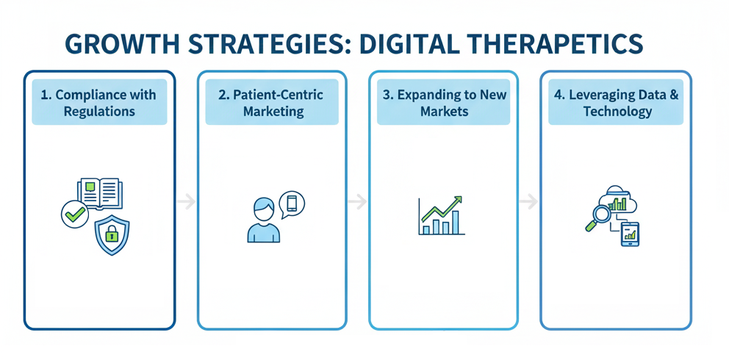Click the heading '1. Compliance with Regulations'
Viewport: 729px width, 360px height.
tap(99, 104)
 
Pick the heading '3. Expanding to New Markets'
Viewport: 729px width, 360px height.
tap(444, 104)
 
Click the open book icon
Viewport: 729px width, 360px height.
tap(99, 192)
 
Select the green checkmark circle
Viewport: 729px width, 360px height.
tap(74, 215)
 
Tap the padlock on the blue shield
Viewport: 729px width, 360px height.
tap(112, 235)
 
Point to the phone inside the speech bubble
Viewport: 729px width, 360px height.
tap(291, 204)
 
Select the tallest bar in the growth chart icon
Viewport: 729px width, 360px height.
tap(456, 223)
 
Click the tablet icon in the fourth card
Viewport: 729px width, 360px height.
tap(631, 234)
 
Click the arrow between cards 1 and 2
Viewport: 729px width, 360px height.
tap(186, 201)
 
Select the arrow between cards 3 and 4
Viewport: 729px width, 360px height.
tap(528, 201)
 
